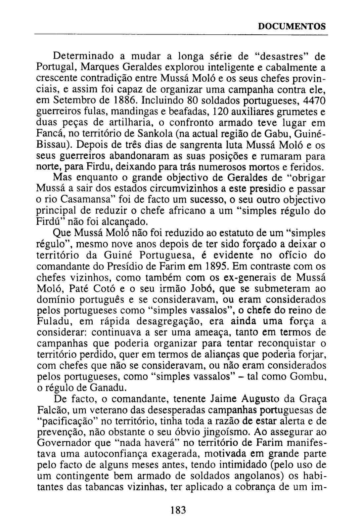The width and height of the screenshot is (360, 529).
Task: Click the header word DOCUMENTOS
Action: [x=292, y=26]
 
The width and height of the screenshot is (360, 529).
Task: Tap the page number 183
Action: [x=178, y=510]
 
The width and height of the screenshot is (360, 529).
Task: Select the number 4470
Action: [x=314, y=100]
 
